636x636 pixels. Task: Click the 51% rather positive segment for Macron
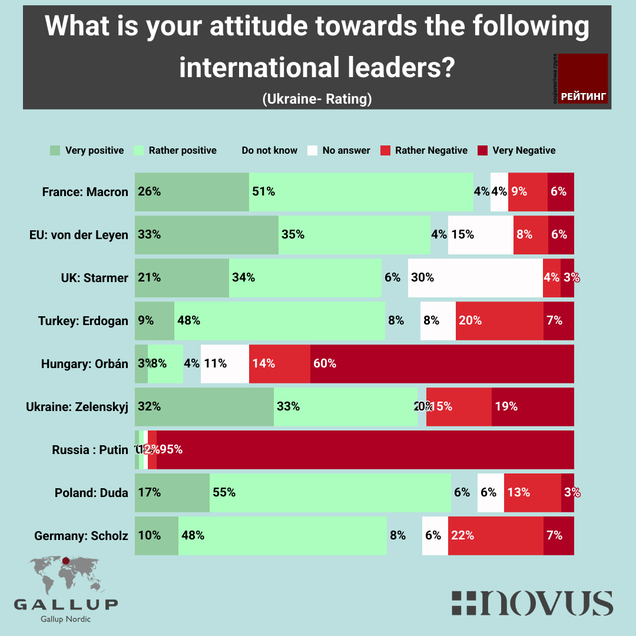pyautogui.click(x=361, y=191)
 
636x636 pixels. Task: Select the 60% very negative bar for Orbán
pyautogui.click(x=442, y=364)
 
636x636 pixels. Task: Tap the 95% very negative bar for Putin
pyautogui.click(x=365, y=450)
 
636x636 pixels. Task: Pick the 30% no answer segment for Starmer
pyautogui.click(x=475, y=277)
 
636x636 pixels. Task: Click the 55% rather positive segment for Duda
pyautogui.click(x=330, y=493)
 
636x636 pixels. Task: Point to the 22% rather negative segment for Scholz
pyautogui.click(x=495, y=536)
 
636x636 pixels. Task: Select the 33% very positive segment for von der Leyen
pyautogui.click(x=206, y=234)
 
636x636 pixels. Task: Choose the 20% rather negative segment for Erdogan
pyautogui.click(x=499, y=321)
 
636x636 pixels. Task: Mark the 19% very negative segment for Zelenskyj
pyautogui.click(x=532, y=407)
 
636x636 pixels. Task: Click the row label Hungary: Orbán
pyautogui.click(x=84, y=364)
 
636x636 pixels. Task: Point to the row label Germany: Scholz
pyautogui.click(x=81, y=536)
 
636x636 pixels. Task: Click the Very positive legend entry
pyautogui.click(x=87, y=150)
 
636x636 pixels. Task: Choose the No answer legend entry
pyautogui.click(x=339, y=150)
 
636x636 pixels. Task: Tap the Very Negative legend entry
pyautogui.click(x=516, y=150)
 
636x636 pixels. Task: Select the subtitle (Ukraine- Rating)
pyautogui.click(x=317, y=99)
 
